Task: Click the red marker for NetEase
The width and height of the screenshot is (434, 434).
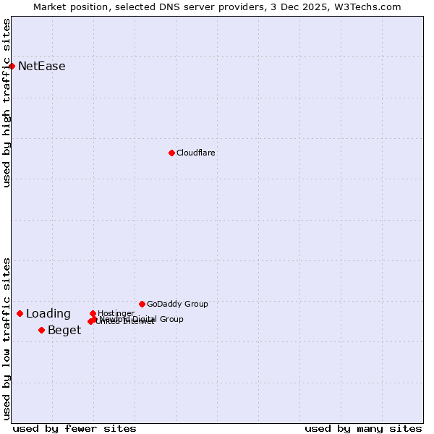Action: (x=12, y=66)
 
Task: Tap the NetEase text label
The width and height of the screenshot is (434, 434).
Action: (x=41, y=67)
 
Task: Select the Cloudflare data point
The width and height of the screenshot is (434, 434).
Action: (x=171, y=153)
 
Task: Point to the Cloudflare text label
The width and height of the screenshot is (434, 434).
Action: (x=196, y=153)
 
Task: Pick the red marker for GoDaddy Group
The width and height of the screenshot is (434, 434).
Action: (x=142, y=304)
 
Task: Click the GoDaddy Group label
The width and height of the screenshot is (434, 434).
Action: (x=177, y=304)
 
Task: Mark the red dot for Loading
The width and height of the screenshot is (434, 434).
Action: (x=20, y=313)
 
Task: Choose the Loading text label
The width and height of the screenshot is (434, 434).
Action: (x=48, y=314)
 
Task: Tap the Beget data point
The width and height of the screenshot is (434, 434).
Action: (x=41, y=330)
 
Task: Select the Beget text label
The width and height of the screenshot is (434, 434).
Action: (x=64, y=331)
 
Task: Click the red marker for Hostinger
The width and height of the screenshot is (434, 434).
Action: (x=93, y=313)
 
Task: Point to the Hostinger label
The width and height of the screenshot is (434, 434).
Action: (x=116, y=313)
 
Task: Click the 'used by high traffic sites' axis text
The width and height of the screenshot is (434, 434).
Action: (x=7, y=103)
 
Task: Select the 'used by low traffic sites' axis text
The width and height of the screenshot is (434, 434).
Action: (x=7, y=339)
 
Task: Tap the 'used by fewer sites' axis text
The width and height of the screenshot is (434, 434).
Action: (x=75, y=428)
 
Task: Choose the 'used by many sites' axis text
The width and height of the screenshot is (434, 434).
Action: (x=363, y=428)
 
